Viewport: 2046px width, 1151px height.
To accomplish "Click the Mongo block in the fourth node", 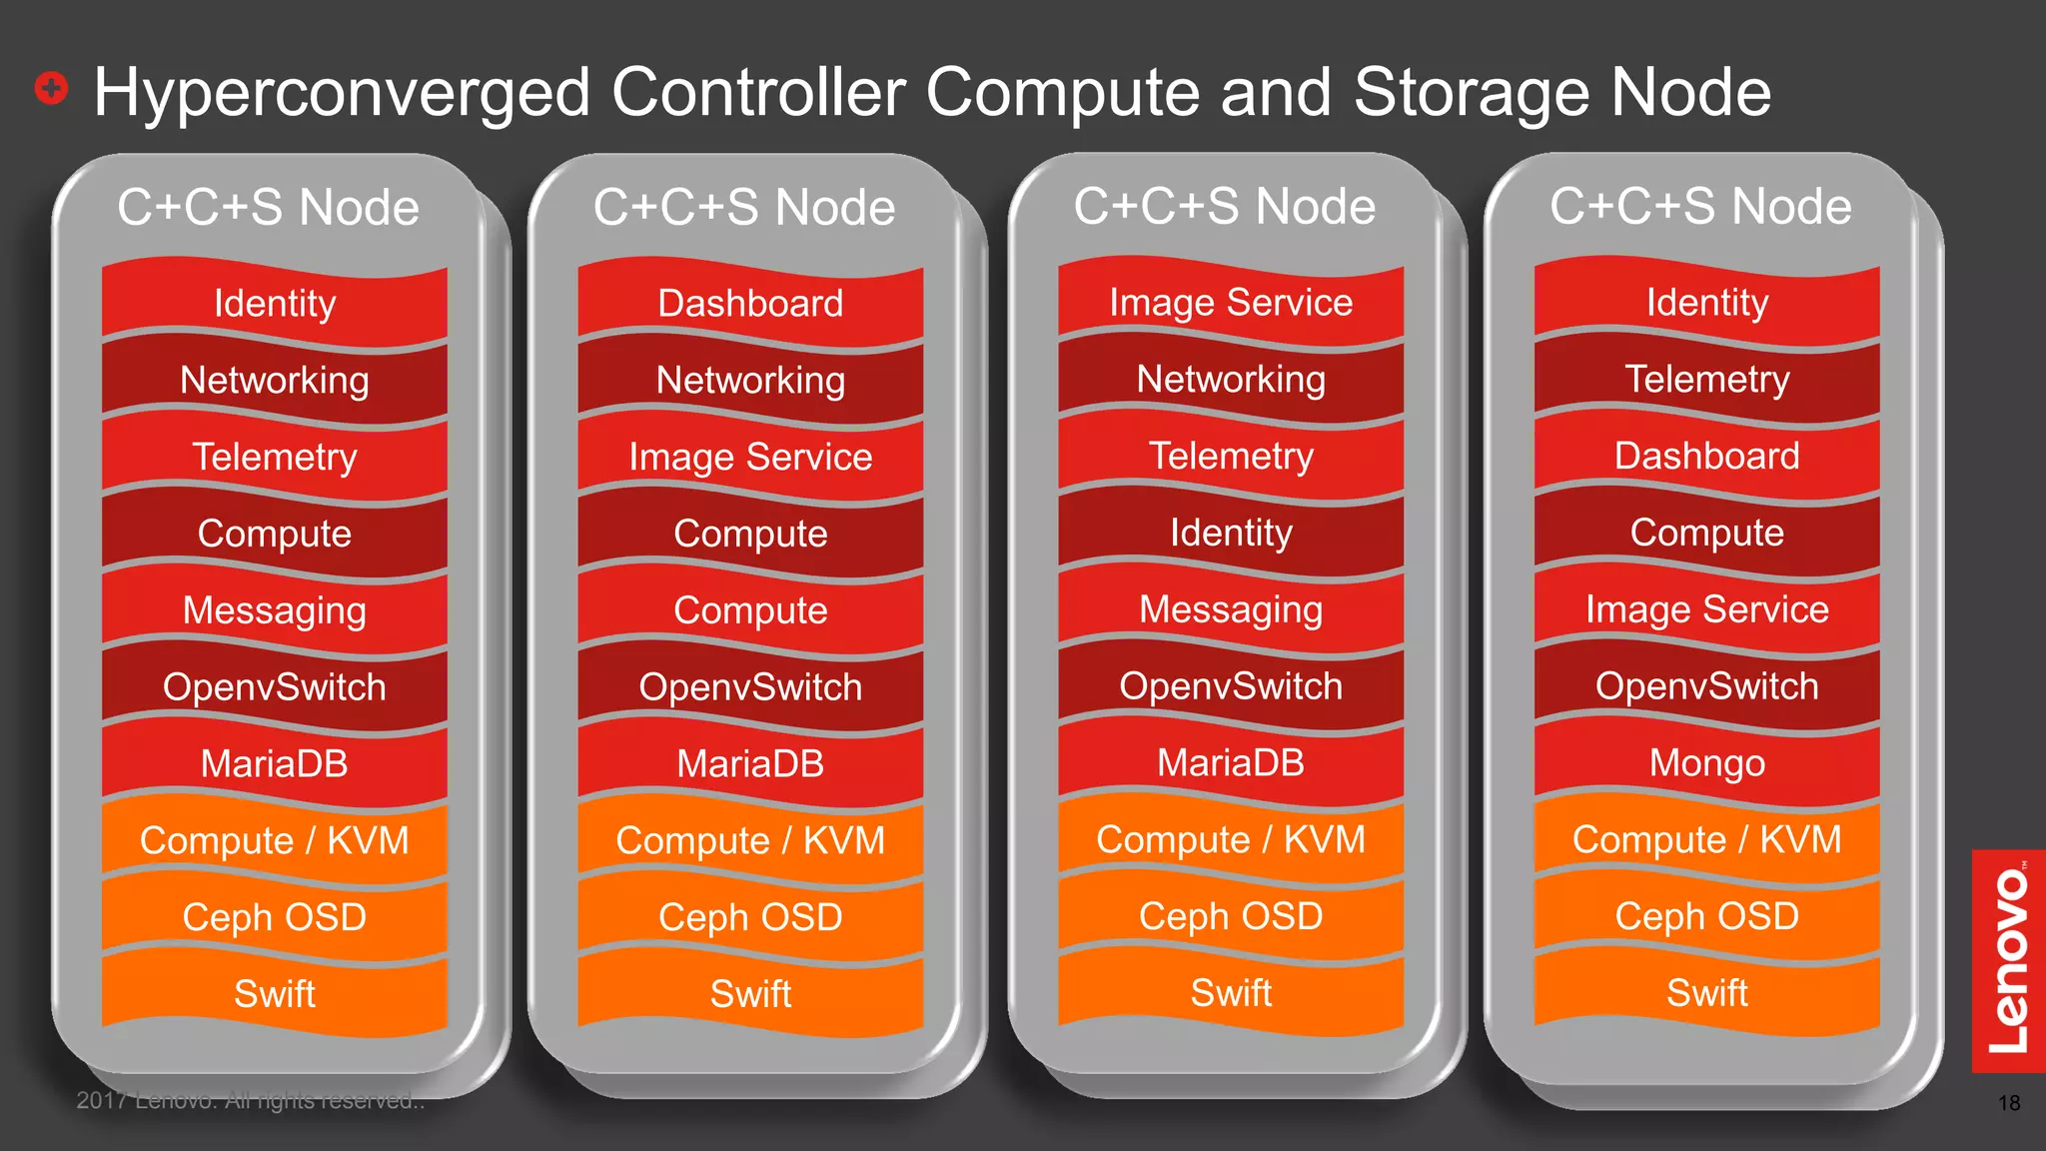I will pos(1706,763).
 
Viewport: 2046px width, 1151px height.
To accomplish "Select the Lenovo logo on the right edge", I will pos(2008,961).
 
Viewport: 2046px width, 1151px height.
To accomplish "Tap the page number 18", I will pos(2008,1103).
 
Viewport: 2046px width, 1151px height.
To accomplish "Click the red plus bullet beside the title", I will pos(51,88).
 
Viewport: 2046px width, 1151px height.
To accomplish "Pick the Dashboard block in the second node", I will pos(750,304).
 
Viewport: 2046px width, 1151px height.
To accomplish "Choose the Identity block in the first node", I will pos(275,304).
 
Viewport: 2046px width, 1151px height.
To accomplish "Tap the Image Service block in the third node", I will pos(1231,303).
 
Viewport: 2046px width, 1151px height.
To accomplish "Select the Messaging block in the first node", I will pos(275,610).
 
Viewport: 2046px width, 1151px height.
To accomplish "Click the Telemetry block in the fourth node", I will pos(1706,380).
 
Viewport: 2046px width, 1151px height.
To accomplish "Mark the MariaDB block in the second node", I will pos(750,764).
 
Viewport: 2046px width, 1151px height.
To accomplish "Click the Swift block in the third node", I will pos(1231,993).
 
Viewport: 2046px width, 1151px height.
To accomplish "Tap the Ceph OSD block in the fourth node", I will pos(1706,916).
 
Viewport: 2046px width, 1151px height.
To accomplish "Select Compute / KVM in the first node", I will pos(275,840).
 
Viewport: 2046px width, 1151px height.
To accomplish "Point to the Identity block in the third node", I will pos(1231,534).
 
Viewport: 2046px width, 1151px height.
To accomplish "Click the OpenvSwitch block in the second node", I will pos(750,687).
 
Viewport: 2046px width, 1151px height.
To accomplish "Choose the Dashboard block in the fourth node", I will pos(1706,457).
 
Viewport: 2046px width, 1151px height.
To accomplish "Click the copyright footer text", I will pos(251,1101).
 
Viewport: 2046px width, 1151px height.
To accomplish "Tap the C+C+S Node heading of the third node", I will pos(1225,207).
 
